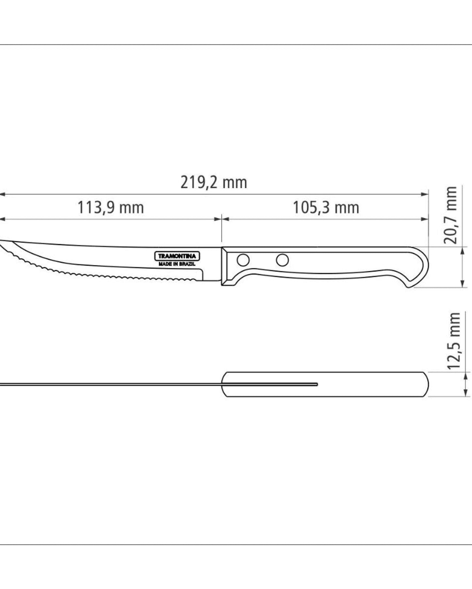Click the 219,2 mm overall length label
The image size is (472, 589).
coord(214,183)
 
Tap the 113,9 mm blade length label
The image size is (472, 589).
coord(110,208)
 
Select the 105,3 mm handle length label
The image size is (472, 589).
coord(326,208)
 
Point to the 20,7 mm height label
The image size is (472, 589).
coord(450,215)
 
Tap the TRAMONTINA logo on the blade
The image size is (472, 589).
coord(177,256)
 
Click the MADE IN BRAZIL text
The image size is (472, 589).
coord(177,264)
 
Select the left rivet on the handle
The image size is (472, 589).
coord(243,260)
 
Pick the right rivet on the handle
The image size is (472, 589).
coord(282,260)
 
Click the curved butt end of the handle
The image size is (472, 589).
coord(421,267)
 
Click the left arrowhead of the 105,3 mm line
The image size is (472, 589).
coord(226,219)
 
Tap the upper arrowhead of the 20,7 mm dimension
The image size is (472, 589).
coord(462,251)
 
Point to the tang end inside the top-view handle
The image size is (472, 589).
coord(316,384)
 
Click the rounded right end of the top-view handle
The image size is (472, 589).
coord(426,384)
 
